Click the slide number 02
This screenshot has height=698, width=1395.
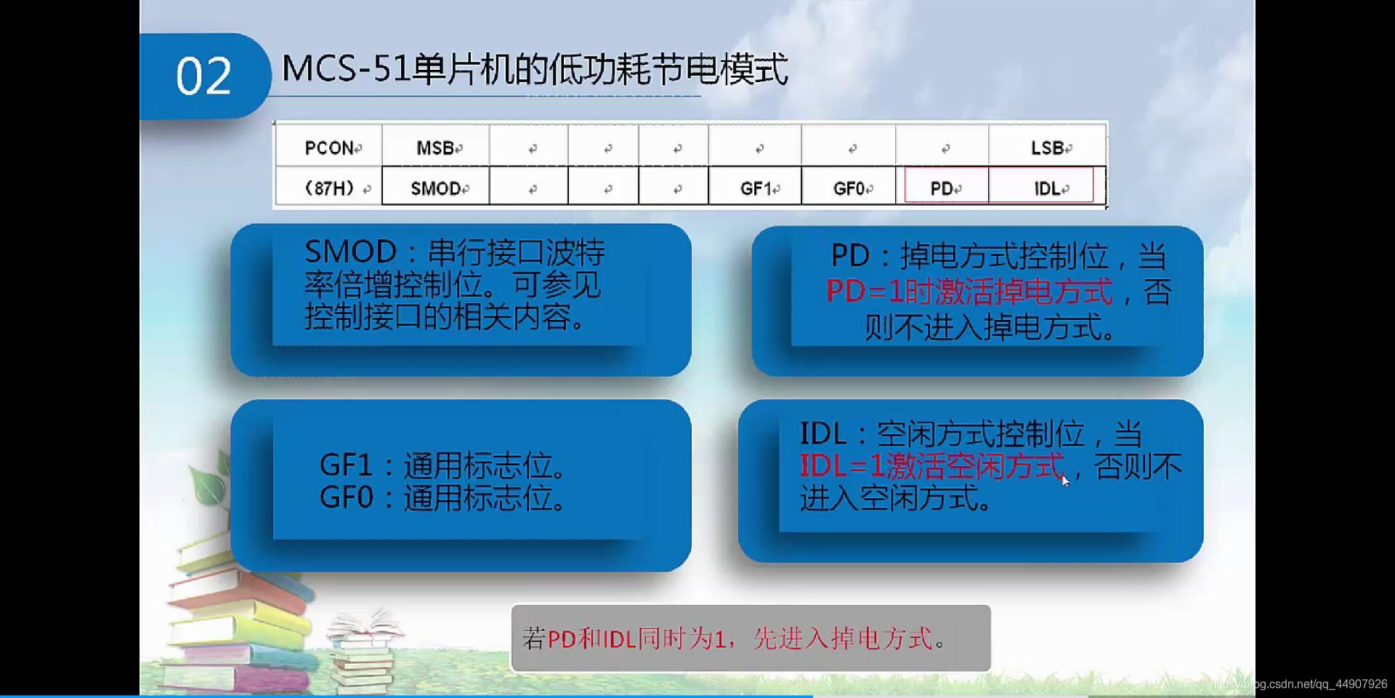click(203, 76)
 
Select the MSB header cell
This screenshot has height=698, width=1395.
click(435, 148)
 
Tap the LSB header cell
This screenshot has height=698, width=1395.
click(1047, 148)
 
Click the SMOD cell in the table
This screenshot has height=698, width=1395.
click(435, 188)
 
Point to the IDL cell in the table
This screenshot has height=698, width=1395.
click(1047, 188)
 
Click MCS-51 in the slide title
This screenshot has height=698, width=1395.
click(345, 69)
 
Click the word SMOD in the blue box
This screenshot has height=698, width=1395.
click(350, 252)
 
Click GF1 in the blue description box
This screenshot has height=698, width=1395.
click(346, 465)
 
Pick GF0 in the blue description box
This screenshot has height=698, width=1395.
click(346, 498)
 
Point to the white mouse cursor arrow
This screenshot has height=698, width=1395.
click(1065, 480)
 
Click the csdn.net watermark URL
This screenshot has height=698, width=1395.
click(1301, 684)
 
